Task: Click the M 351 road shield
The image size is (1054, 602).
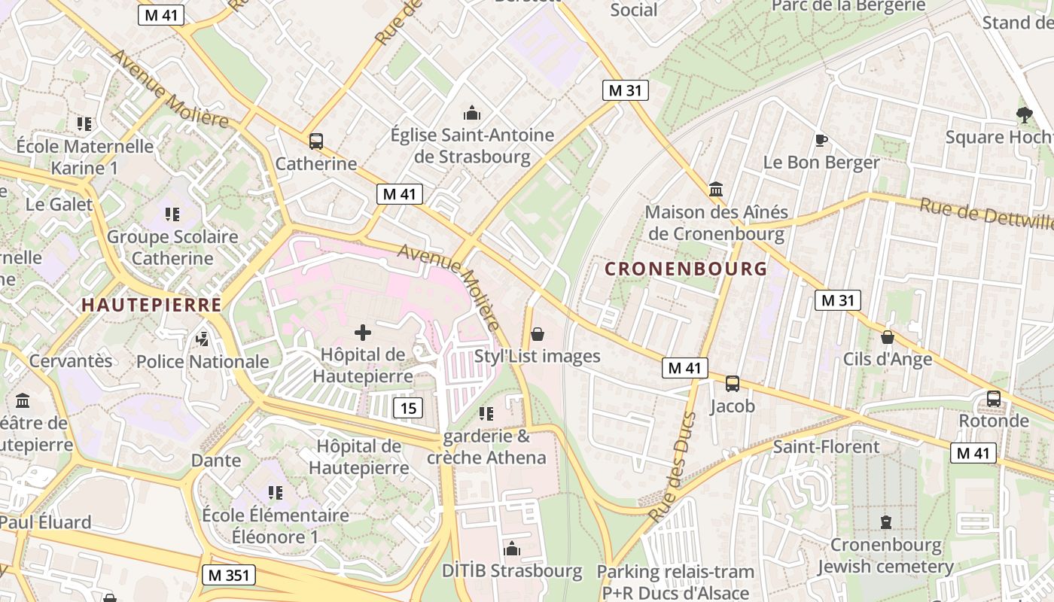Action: [229, 576]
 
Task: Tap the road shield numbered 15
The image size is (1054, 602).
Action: [408, 409]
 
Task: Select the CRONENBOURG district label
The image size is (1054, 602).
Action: [686, 269]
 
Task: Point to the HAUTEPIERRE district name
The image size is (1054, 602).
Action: [151, 305]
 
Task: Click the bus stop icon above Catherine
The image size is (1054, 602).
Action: [316, 141]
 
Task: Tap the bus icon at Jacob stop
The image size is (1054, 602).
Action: [732, 384]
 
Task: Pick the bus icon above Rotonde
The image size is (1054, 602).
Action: [994, 398]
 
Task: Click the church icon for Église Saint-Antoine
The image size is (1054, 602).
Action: [472, 114]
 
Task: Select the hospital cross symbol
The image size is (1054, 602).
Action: [363, 332]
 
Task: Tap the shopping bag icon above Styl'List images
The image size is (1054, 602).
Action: [538, 334]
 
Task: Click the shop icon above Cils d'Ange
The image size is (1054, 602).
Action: [888, 337]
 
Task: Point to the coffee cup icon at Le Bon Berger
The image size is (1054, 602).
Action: [821, 140]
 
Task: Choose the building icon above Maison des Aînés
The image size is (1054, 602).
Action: [716, 189]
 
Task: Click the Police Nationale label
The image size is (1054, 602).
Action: [203, 361]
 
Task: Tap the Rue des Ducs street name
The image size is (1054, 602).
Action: [672, 467]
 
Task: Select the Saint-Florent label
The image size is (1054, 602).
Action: [827, 447]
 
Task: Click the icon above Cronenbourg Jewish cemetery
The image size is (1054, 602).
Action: [885, 521]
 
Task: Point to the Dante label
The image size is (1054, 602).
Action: [216, 460]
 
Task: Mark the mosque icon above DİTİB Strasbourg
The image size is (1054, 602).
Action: [512, 549]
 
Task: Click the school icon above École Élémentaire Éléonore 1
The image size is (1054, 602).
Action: [275, 493]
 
